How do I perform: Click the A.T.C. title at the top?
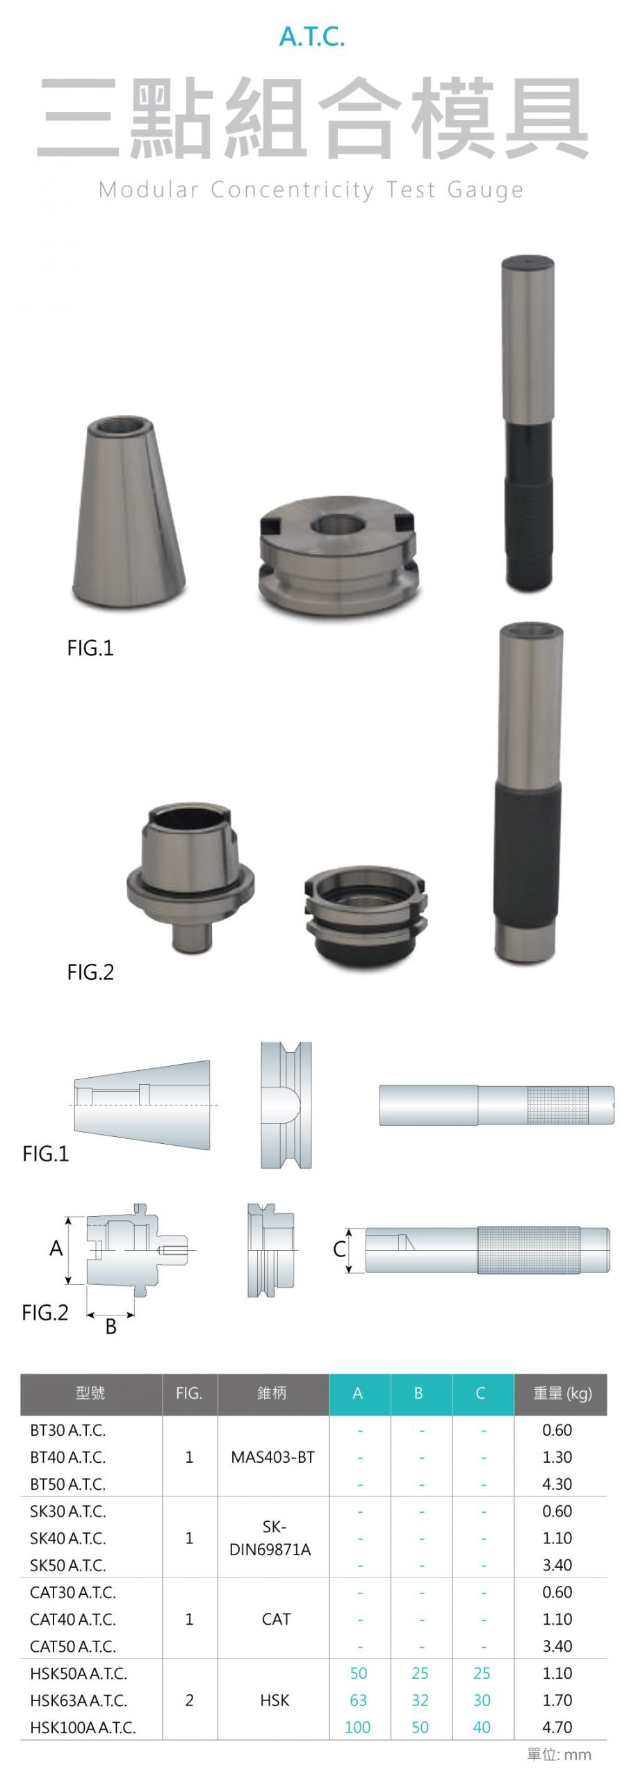[312, 36]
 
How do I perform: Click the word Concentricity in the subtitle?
[292, 190]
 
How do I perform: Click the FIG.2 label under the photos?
[90, 972]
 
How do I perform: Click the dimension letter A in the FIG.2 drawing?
[56, 1247]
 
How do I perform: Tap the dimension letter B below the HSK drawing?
[111, 1327]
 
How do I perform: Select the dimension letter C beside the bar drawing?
[339, 1249]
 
